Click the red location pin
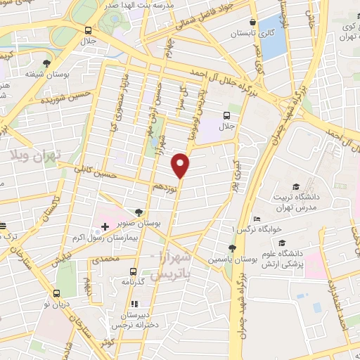coord(181,165)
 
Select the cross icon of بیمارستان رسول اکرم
coord(105,226)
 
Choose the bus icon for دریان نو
coord(58,295)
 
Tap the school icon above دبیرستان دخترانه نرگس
coord(131,302)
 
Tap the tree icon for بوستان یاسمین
coord(232,247)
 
